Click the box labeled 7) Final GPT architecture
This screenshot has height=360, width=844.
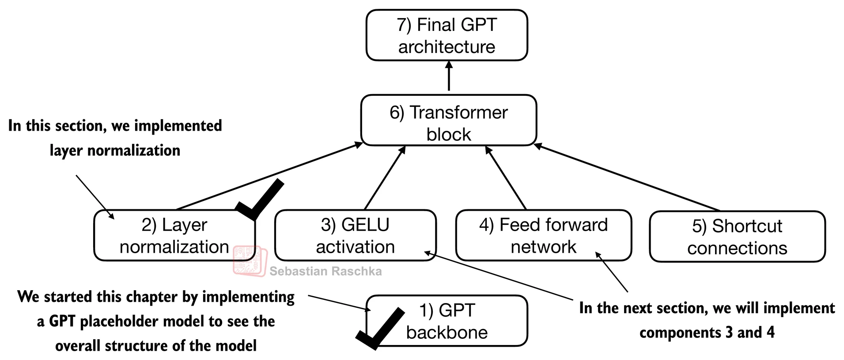click(447, 35)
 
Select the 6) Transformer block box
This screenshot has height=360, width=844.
click(448, 120)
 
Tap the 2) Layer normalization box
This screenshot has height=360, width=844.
click(174, 235)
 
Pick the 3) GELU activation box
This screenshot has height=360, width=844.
click(355, 235)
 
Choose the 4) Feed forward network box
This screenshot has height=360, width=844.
click(543, 235)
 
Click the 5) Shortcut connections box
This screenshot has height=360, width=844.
click(737, 237)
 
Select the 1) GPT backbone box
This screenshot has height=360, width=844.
click(447, 321)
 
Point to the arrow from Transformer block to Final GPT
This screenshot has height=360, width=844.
click(449, 76)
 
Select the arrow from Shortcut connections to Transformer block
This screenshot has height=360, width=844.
click(627, 178)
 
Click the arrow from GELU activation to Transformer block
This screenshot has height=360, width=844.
click(384, 178)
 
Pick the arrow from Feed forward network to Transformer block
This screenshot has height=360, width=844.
click(506, 178)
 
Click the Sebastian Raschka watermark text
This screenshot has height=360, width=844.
click(325, 271)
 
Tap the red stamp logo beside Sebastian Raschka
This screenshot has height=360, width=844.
click(250, 261)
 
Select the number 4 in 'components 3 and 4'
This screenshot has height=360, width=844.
click(770, 332)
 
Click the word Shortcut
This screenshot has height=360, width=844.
click(747, 226)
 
